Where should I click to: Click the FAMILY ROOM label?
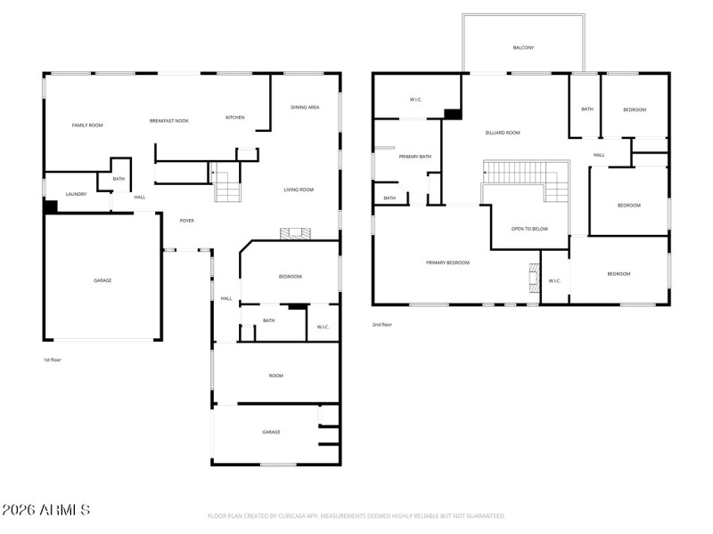point(87,125)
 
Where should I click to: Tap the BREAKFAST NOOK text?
point(168,120)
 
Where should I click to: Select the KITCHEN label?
point(234,117)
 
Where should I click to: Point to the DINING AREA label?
point(305,108)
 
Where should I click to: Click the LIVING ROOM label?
point(299,190)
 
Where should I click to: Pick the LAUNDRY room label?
point(76,193)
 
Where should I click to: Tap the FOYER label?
point(187,221)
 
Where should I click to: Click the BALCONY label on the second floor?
point(523,48)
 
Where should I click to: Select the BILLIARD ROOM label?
point(503,133)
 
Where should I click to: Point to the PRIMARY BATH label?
point(415,157)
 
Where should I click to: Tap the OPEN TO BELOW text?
point(529,229)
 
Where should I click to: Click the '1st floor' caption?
point(52,360)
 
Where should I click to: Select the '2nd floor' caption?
point(381,325)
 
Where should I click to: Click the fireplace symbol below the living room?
point(296,234)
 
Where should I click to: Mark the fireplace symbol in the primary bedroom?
point(534,278)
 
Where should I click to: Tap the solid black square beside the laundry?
point(51,206)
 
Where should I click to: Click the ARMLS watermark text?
point(45,510)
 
